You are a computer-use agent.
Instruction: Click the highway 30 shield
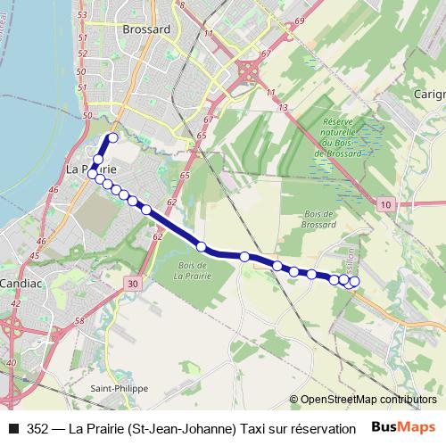132,284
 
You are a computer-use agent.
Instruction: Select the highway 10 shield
384,205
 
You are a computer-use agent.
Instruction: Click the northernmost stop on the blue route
113,138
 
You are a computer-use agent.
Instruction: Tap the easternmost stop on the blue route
354,283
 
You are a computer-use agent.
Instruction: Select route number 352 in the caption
38,428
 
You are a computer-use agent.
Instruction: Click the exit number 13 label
283,107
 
